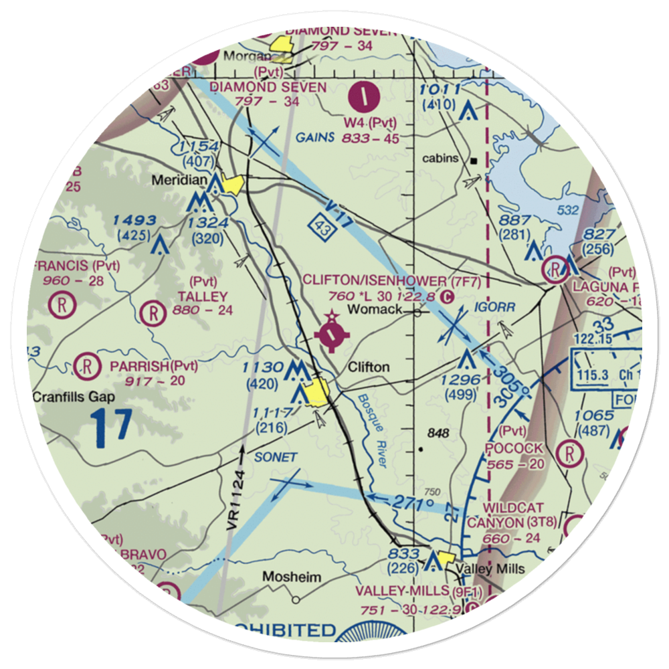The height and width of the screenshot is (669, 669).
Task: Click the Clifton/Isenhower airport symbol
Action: (333, 332)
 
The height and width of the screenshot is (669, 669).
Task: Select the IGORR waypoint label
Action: (496, 307)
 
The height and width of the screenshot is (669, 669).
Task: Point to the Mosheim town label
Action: (291, 577)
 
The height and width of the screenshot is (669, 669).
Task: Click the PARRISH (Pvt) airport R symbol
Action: (86, 365)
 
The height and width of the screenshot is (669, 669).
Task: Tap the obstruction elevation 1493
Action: (134, 221)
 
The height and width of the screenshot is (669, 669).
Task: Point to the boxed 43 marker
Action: (319, 227)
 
